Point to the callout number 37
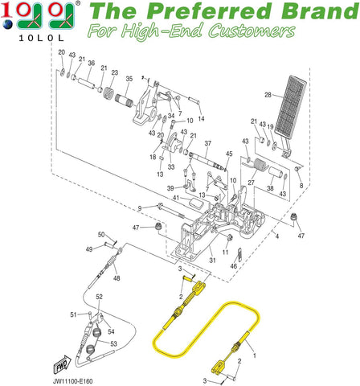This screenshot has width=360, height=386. tap(207, 144)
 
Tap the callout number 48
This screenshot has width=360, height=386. tap(117, 278)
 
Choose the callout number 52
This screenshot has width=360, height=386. tap(100, 298)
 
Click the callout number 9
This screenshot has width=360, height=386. tap(139, 209)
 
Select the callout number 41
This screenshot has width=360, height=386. tap(174, 198)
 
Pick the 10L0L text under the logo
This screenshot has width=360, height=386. tap(38, 37)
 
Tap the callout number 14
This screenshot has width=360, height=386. tap(201, 118)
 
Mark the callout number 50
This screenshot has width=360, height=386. tap(101, 234)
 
